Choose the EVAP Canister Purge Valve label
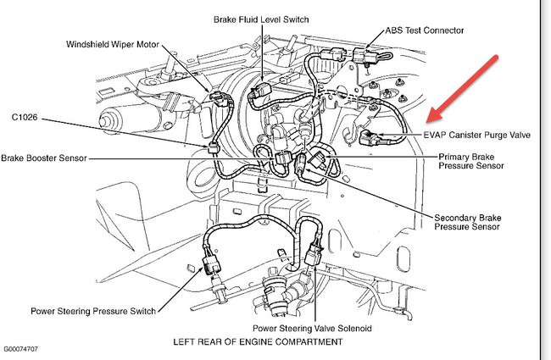click(480, 134)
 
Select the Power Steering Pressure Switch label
click(93, 311)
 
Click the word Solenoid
click(353, 326)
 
